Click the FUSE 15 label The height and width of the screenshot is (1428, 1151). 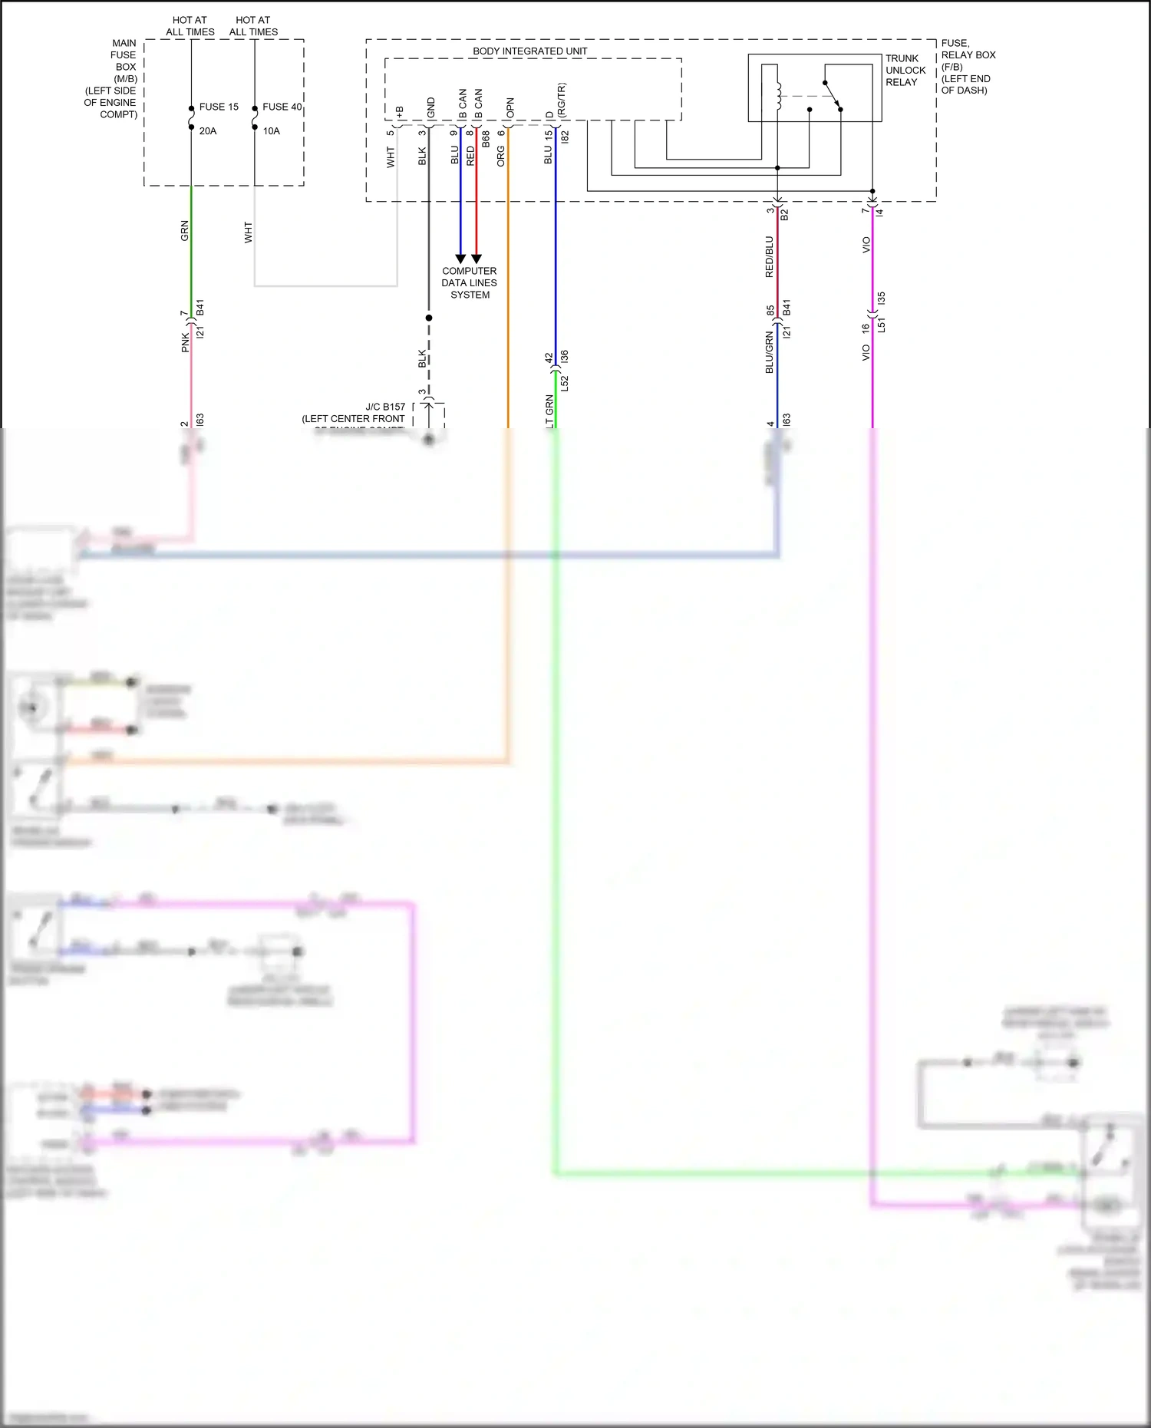pyautogui.click(x=219, y=107)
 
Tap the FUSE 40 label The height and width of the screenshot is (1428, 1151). pyautogui.click(x=282, y=107)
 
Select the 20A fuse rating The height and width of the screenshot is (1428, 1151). pyautogui.click(x=208, y=131)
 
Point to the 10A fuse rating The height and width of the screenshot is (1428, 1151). pyautogui.click(x=272, y=131)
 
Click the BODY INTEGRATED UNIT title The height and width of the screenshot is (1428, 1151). pyautogui.click(x=529, y=51)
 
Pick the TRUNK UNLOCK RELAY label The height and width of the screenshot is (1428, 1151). pyautogui.click(x=905, y=70)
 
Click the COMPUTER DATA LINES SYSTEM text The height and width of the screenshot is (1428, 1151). pyautogui.click(x=470, y=282)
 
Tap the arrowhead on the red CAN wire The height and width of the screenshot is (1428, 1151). pyautogui.click(x=477, y=259)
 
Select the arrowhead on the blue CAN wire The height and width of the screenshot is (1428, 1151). pyautogui.click(x=460, y=259)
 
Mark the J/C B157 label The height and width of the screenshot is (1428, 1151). pyautogui.click(x=385, y=407)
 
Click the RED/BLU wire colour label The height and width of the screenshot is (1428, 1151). pyautogui.click(x=769, y=256)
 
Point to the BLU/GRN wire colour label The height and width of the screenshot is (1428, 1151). pyautogui.click(x=769, y=352)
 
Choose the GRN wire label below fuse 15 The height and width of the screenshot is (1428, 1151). pyautogui.click(x=184, y=230)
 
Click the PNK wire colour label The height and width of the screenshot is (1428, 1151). pyautogui.click(x=185, y=342)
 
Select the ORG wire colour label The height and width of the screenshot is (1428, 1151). pyautogui.click(x=501, y=157)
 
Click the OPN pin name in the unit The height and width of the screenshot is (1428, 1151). pyautogui.click(x=510, y=107)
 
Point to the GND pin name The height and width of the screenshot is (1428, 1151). pyautogui.click(x=430, y=107)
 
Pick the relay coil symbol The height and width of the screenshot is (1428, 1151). pyautogui.click(x=778, y=95)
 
